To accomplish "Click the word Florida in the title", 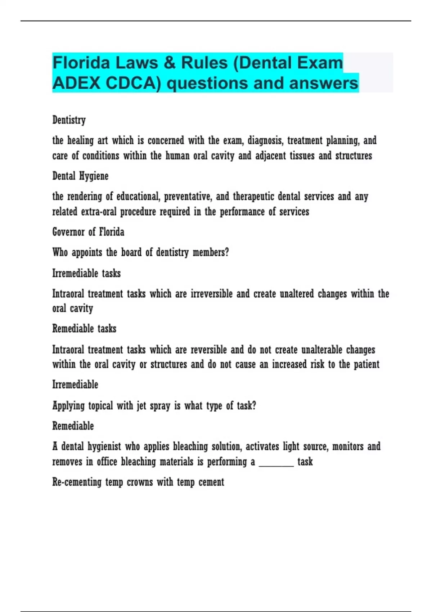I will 81,63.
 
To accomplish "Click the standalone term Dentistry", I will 69,120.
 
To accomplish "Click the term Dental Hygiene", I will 80,176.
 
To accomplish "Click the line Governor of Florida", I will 88,232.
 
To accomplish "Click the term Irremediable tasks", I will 86,273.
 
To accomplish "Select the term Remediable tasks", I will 84,329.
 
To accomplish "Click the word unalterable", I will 321,350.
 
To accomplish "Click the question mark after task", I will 254,406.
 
